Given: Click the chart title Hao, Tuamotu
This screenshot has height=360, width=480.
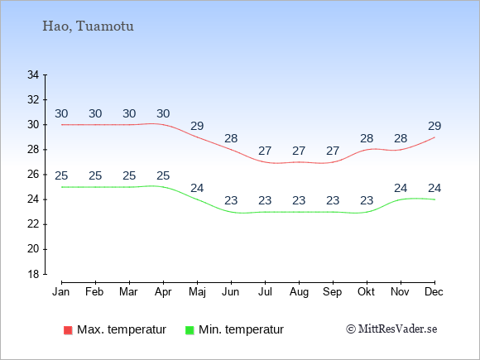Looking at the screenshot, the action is (88, 26).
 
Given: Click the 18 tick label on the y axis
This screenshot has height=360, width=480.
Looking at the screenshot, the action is (33, 274).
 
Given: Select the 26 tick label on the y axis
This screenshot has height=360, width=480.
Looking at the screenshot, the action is (33, 175).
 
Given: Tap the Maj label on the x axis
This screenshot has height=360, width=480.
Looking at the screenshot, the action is (197, 292).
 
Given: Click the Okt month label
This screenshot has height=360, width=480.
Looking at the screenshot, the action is (366, 292).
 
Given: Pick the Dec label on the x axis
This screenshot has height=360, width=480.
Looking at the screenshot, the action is (434, 292).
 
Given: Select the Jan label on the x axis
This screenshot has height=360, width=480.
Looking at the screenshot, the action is (61, 292).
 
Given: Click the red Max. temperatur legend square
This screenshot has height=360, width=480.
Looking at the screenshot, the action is (68, 330).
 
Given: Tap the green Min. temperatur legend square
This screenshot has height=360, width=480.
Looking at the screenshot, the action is (190, 330).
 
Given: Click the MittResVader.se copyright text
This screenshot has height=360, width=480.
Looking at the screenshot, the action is (391, 329).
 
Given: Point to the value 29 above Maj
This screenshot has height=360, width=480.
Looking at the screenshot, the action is (197, 126).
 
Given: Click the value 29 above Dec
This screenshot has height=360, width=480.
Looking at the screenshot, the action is (434, 126).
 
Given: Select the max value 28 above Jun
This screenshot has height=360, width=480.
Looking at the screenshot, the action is (231, 138).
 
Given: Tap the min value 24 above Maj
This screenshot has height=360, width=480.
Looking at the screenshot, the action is (197, 188).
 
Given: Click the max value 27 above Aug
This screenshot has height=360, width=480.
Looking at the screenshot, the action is (299, 151).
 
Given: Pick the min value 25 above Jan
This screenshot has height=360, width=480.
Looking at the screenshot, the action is (61, 175).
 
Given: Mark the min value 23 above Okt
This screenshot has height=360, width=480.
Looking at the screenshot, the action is (367, 200).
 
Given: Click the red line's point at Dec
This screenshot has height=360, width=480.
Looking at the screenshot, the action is (434, 137).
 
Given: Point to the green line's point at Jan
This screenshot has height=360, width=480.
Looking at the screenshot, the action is (62, 187).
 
